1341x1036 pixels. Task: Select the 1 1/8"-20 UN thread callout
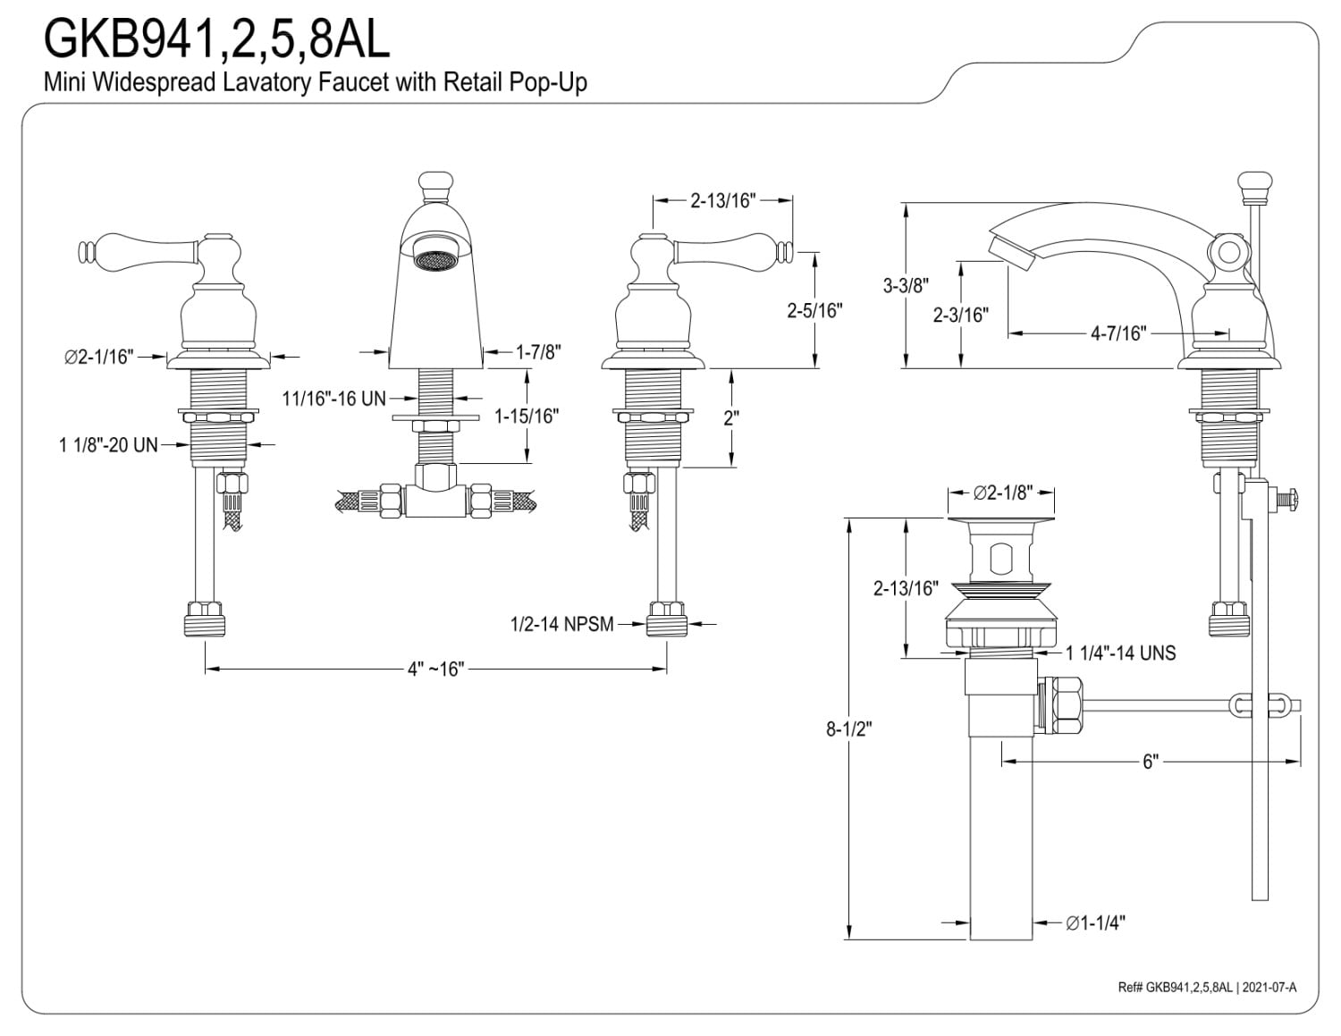click(x=108, y=444)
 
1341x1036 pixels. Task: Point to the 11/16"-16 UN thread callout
click(x=333, y=398)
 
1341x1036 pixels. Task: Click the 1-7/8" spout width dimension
click(x=538, y=352)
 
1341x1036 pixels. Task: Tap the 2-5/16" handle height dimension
click(x=814, y=310)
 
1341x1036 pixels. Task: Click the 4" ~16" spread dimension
click(x=436, y=669)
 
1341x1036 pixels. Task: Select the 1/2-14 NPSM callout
click(x=561, y=624)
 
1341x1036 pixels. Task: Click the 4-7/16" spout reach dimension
click(x=1117, y=333)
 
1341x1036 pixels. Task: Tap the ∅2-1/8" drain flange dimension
click(x=1002, y=492)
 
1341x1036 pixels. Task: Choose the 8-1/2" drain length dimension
click(x=848, y=729)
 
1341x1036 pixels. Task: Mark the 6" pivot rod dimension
click(x=1150, y=762)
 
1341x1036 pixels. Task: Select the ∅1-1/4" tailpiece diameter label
click(x=1095, y=922)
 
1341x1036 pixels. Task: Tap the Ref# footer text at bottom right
click(x=1207, y=987)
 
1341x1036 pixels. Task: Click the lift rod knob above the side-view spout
click(x=1256, y=186)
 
